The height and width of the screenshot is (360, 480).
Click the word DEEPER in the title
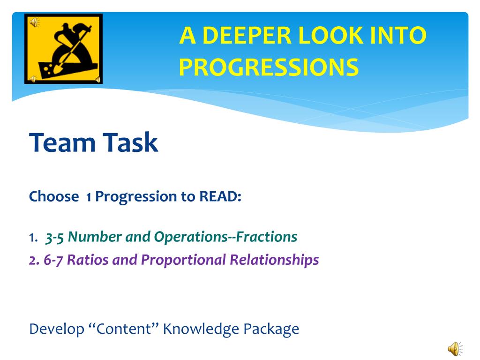(x=247, y=35)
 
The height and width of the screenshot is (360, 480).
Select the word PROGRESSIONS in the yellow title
(x=269, y=67)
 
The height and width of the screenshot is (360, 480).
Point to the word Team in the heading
(x=62, y=142)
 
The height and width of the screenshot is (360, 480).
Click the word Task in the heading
(x=130, y=142)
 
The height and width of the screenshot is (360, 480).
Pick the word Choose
(x=54, y=196)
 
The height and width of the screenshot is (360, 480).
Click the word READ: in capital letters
(x=220, y=196)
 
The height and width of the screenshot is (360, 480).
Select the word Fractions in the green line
(x=266, y=237)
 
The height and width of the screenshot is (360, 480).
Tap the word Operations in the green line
(x=191, y=237)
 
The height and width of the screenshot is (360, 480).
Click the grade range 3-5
(x=54, y=237)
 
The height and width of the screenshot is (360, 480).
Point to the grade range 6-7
(x=53, y=260)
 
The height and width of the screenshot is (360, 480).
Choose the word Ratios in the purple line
(x=88, y=260)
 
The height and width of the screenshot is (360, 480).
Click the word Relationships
(x=274, y=260)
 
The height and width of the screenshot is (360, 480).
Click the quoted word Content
(x=124, y=329)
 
